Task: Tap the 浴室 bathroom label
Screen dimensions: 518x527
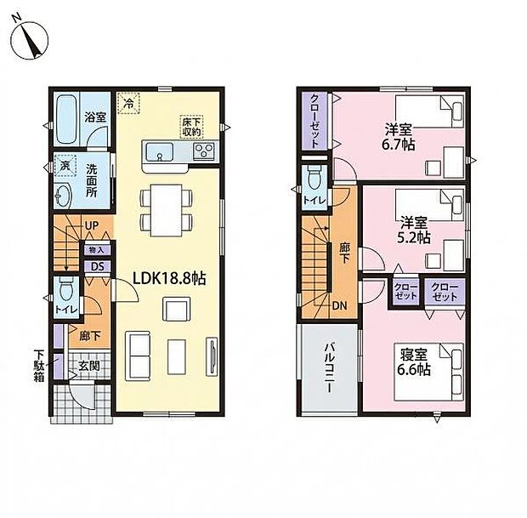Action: pos(95,117)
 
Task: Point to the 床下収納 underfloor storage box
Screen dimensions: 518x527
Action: pos(191,127)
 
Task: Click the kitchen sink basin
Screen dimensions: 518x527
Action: pos(158,152)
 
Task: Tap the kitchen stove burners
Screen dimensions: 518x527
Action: pos(204,152)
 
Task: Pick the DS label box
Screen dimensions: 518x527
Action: pos(96,266)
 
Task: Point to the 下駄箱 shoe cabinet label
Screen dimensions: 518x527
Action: pos(39,364)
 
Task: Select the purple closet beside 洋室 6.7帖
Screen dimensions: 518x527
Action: pos(314,120)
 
